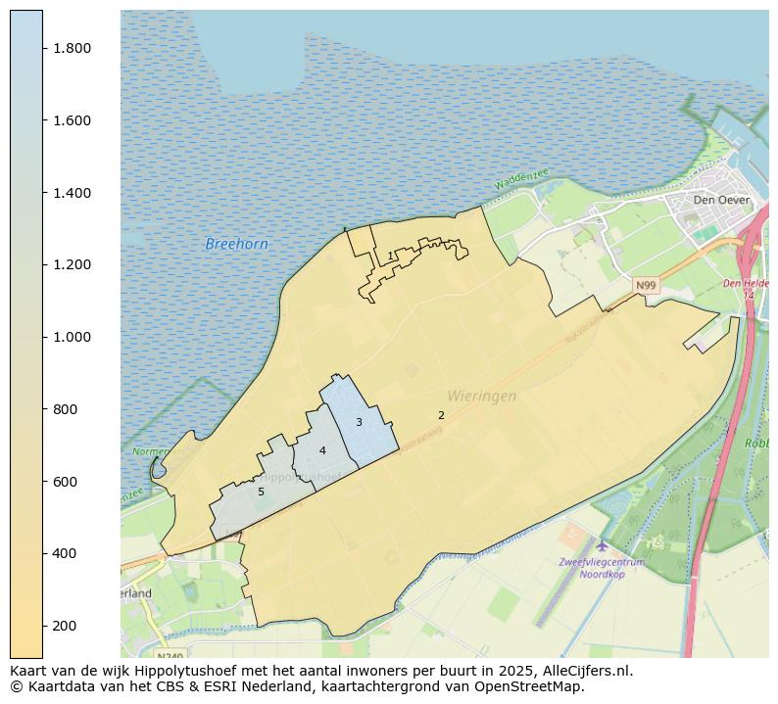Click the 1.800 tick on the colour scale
pyautogui.click(x=72, y=48)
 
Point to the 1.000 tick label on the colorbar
pyautogui.click(x=72, y=337)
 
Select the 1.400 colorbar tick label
pyautogui.click(x=72, y=193)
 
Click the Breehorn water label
pyautogui.click(x=236, y=244)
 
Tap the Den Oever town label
pyautogui.click(x=720, y=200)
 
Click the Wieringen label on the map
pyautogui.click(x=481, y=397)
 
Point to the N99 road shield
pyautogui.click(x=645, y=286)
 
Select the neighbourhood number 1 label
pyautogui.click(x=390, y=256)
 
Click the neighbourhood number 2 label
pyautogui.click(x=441, y=415)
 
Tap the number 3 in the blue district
pyautogui.click(x=359, y=422)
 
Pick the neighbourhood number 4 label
pyautogui.click(x=322, y=450)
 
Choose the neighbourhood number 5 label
pyautogui.click(x=261, y=492)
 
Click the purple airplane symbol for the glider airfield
pyautogui.click(x=601, y=544)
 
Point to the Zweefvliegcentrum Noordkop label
pyautogui.click(x=601, y=568)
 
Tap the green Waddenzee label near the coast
pyautogui.click(x=521, y=180)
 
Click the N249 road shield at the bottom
pyautogui.click(x=170, y=656)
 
